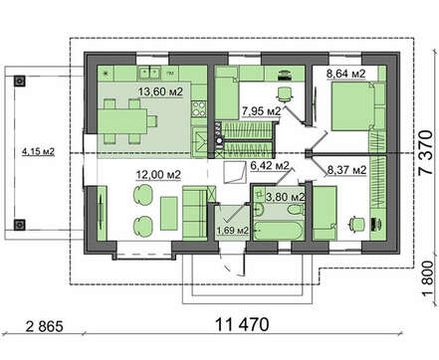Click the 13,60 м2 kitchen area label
pyautogui.click(x=160, y=91)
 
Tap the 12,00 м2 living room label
pyautogui.click(x=158, y=174)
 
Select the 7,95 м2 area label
pyautogui.click(x=262, y=111)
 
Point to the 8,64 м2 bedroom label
pyautogui.click(x=346, y=74)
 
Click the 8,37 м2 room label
pyautogui.click(x=347, y=170)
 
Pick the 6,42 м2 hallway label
pyautogui.click(x=270, y=165)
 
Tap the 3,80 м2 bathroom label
pyautogui.click(x=286, y=197)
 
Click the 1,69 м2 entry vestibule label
pyautogui.click(x=233, y=230)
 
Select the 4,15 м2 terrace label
pyautogui.click(x=38, y=152)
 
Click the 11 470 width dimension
pyautogui.click(x=242, y=324)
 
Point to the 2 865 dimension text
pyautogui.click(x=45, y=326)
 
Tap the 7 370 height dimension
pyautogui.click(x=426, y=152)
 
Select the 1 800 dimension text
pyautogui.click(x=428, y=278)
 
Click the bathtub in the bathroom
pyautogui.click(x=279, y=230)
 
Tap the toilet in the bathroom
pyautogui.click(x=297, y=210)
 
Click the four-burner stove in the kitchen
pyautogui.click(x=199, y=108)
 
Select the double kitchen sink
pyautogui.click(x=149, y=73)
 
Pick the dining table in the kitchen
pyautogui.click(x=122, y=121)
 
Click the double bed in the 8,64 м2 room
pyautogui.click(x=353, y=106)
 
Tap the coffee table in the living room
pyautogui.click(x=169, y=213)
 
